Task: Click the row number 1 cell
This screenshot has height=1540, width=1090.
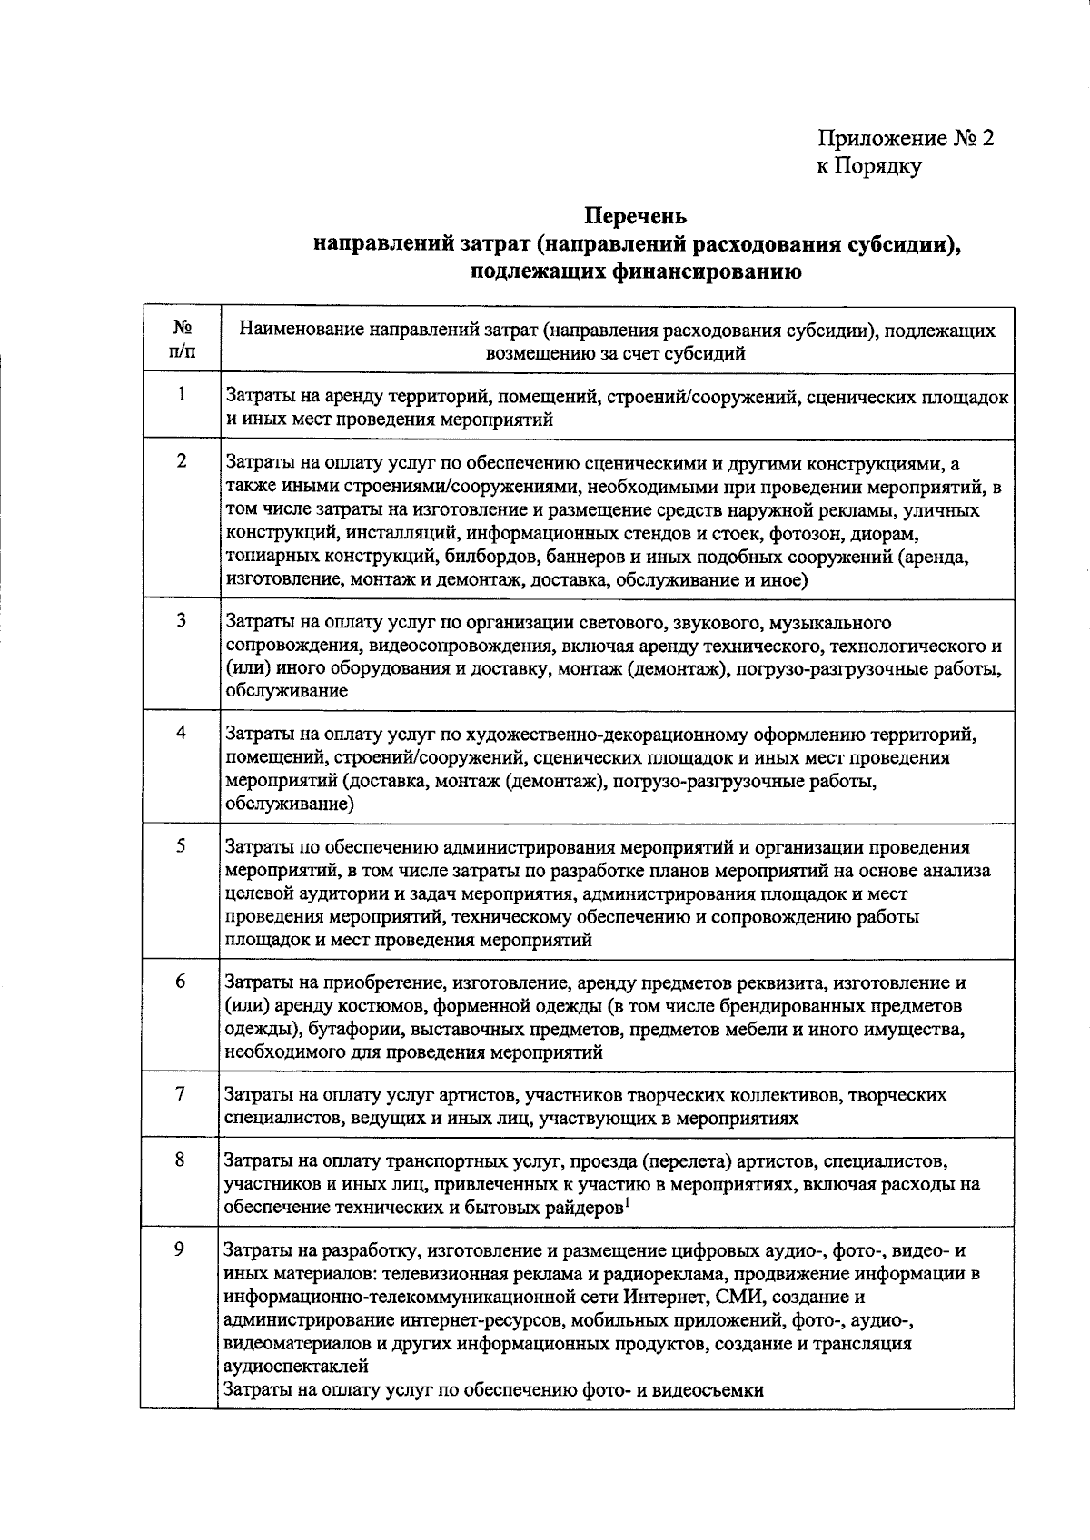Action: point(182,395)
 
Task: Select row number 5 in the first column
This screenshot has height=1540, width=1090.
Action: point(182,845)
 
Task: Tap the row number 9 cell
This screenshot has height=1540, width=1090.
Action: point(180,1249)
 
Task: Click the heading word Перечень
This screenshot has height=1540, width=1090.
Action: point(636,217)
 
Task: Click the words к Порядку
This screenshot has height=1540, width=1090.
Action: point(868,166)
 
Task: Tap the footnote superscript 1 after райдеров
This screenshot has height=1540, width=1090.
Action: point(628,1202)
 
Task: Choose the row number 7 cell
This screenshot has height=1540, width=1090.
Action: point(181,1094)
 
